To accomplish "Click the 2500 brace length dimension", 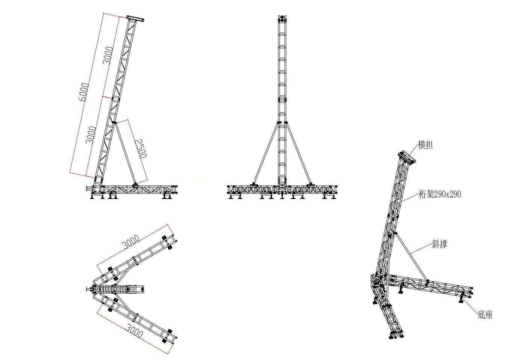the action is pos(141,149).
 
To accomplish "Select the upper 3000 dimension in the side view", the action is pos(108,56).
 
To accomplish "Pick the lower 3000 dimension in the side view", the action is pos(91,135).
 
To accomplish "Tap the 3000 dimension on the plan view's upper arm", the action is pos(131,242).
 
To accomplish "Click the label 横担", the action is pos(425,145).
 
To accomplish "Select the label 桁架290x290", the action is pos(440,194).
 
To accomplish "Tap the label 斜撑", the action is pos(440,244).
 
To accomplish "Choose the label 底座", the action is pos(485,315).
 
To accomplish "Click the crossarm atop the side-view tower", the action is pos(135,19).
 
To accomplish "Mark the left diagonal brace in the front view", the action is pos(266,154).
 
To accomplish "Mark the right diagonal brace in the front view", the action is pos(298,154).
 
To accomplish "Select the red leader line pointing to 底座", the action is pos(470,306).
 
